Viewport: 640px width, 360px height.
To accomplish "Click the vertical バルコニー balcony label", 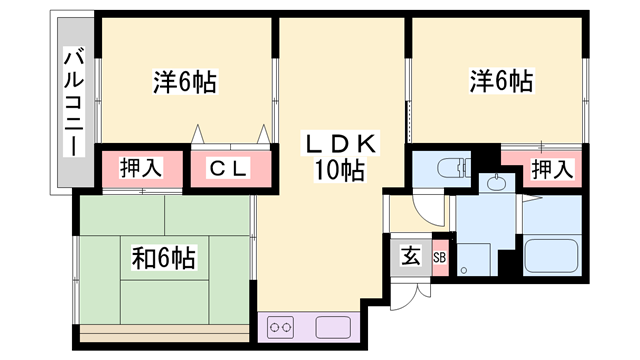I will (74, 101).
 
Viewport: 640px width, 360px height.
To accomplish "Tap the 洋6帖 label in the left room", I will (185, 80).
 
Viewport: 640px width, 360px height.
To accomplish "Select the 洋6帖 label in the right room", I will (500, 80).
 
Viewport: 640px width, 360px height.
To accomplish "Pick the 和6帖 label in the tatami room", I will (163, 257).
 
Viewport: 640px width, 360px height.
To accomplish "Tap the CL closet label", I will (229, 169).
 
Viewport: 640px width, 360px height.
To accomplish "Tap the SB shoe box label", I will (439, 255).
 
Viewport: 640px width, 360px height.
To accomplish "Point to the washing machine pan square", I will (476, 259).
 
